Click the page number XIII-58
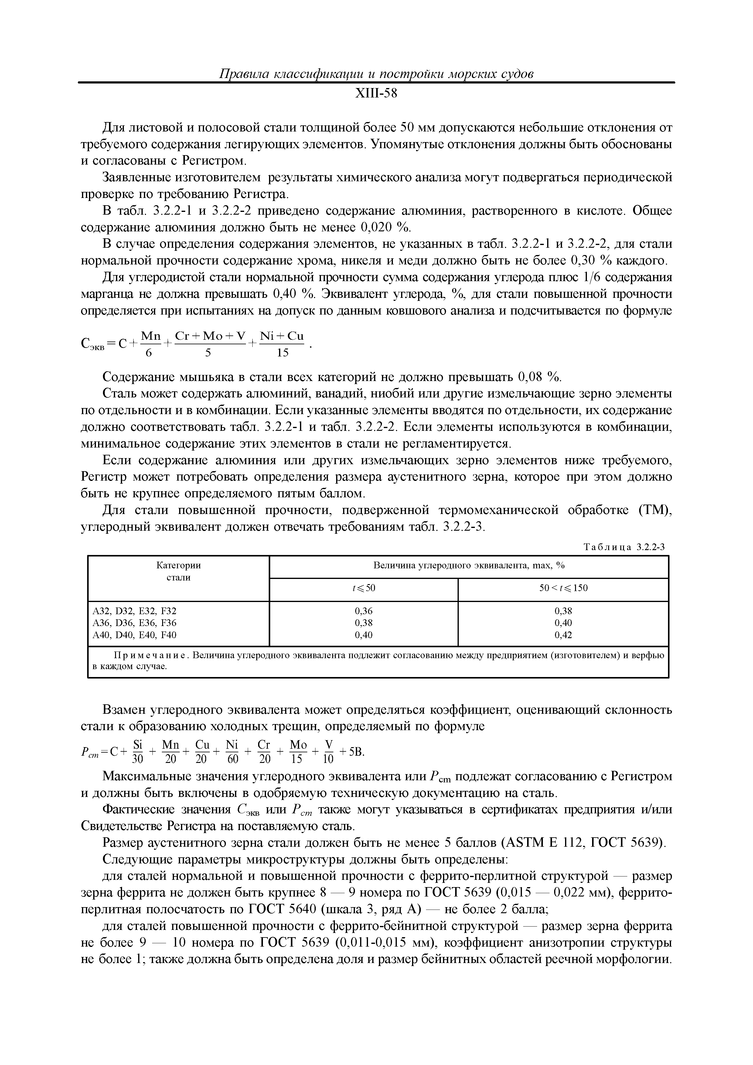[x=376, y=94]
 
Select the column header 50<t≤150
[x=563, y=588]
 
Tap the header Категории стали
[x=178, y=571]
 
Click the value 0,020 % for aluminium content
[x=386, y=228]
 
